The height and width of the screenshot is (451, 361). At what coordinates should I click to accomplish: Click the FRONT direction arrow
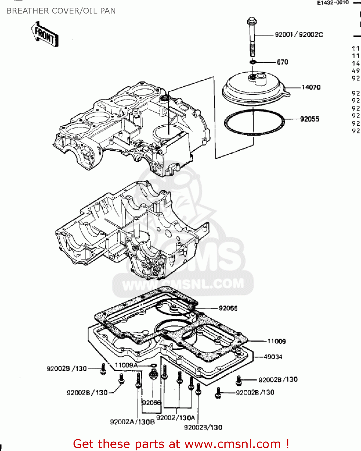click(44, 34)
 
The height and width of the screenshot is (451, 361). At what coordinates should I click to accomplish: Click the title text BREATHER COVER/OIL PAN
click(61, 11)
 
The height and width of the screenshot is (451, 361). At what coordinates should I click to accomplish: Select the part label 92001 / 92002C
click(299, 35)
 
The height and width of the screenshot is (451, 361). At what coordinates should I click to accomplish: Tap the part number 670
click(282, 62)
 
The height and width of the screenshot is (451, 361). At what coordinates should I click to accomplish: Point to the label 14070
click(311, 87)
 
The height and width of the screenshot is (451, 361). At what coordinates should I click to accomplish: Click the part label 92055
click(309, 119)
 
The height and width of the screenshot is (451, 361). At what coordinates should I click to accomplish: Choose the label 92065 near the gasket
click(228, 308)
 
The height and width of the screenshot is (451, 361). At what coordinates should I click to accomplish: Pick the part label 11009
click(276, 341)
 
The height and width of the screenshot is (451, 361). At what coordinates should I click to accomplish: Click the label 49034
click(273, 357)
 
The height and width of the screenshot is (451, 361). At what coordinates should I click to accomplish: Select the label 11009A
click(126, 365)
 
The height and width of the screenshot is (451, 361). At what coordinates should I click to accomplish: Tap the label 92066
click(151, 403)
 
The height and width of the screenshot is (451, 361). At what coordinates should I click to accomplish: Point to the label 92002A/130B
click(132, 422)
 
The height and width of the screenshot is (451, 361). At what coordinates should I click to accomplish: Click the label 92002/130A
click(176, 418)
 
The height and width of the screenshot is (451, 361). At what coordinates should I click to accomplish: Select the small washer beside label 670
click(253, 62)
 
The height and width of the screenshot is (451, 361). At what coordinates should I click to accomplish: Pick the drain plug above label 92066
click(153, 374)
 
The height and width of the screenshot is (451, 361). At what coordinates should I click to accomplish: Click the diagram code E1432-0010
click(333, 2)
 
